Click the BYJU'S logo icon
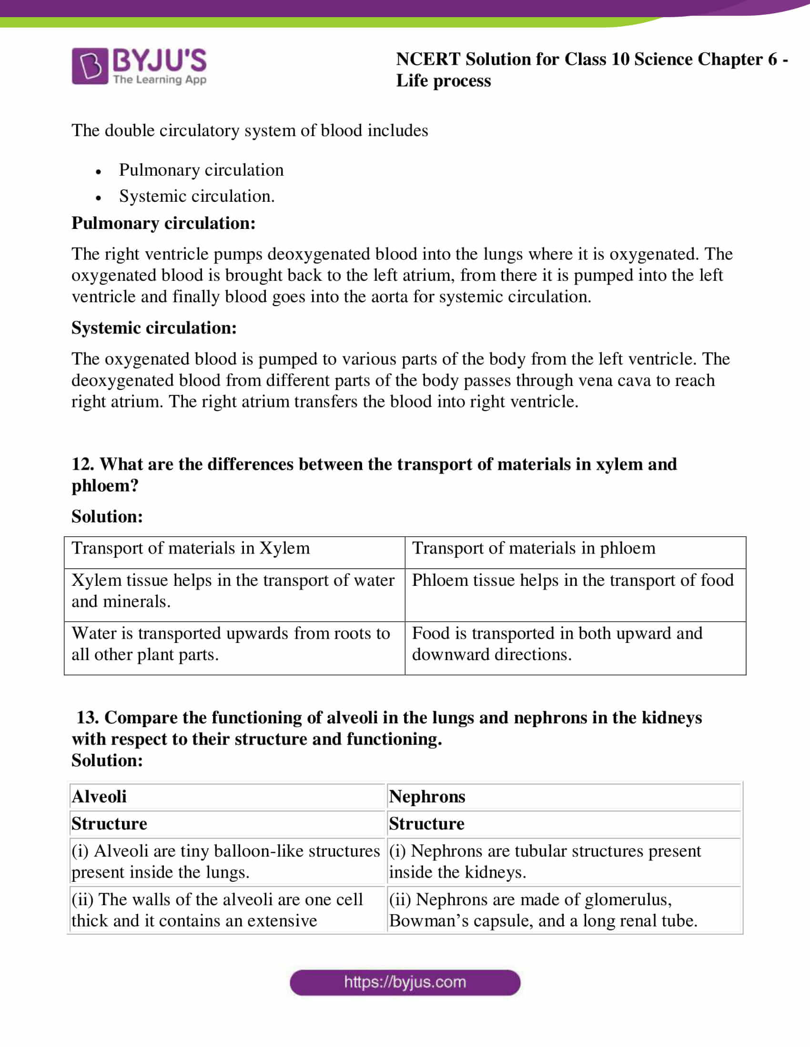(x=90, y=66)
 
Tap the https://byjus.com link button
(x=405, y=982)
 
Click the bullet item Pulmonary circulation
(x=201, y=170)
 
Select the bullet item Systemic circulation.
(x=197, y=196)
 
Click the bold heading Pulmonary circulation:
(x=163, y=223)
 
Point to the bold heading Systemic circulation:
(x=154, y=328)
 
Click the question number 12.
(x=82, y=464)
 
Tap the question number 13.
(x=87, y=718)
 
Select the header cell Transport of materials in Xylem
(x=191, y=548)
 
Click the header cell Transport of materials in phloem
(x=534, y=548)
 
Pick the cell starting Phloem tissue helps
(x=572, y=581)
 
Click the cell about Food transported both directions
(x=557, y=644)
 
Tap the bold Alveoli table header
(x=99, y=797)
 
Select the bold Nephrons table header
(x=426, y=797)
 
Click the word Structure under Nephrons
(x=426, y=824)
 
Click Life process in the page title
(x=443, y=81)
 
